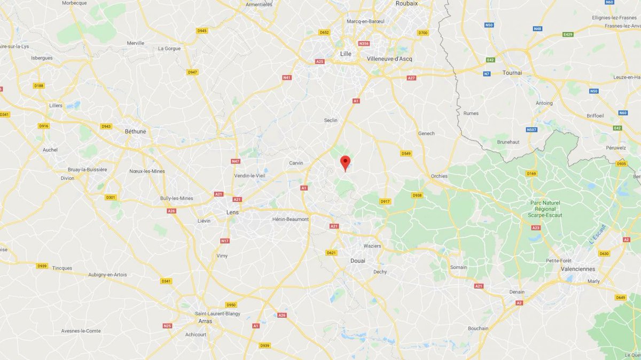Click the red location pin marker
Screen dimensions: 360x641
tap(346, 162)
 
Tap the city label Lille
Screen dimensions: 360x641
tap(346, 53)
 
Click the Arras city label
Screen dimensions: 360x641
tap(204, 321)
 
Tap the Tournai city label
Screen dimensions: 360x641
tap(512, 73)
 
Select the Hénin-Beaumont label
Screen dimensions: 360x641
tap(290, 220)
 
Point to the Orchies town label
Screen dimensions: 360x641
tap(440, 176)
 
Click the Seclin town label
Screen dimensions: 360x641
tap(331, 120)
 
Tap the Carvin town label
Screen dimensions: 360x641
tap(296, 163)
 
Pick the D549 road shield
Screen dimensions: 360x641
tap(406, 153)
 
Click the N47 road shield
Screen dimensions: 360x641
tap(236, 161)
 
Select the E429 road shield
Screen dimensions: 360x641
tap(568, 34)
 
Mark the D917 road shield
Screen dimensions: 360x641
tap(385, 201)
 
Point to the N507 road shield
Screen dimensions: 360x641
tap(531, 130)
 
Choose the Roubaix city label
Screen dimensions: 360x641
tap(407, 3)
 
